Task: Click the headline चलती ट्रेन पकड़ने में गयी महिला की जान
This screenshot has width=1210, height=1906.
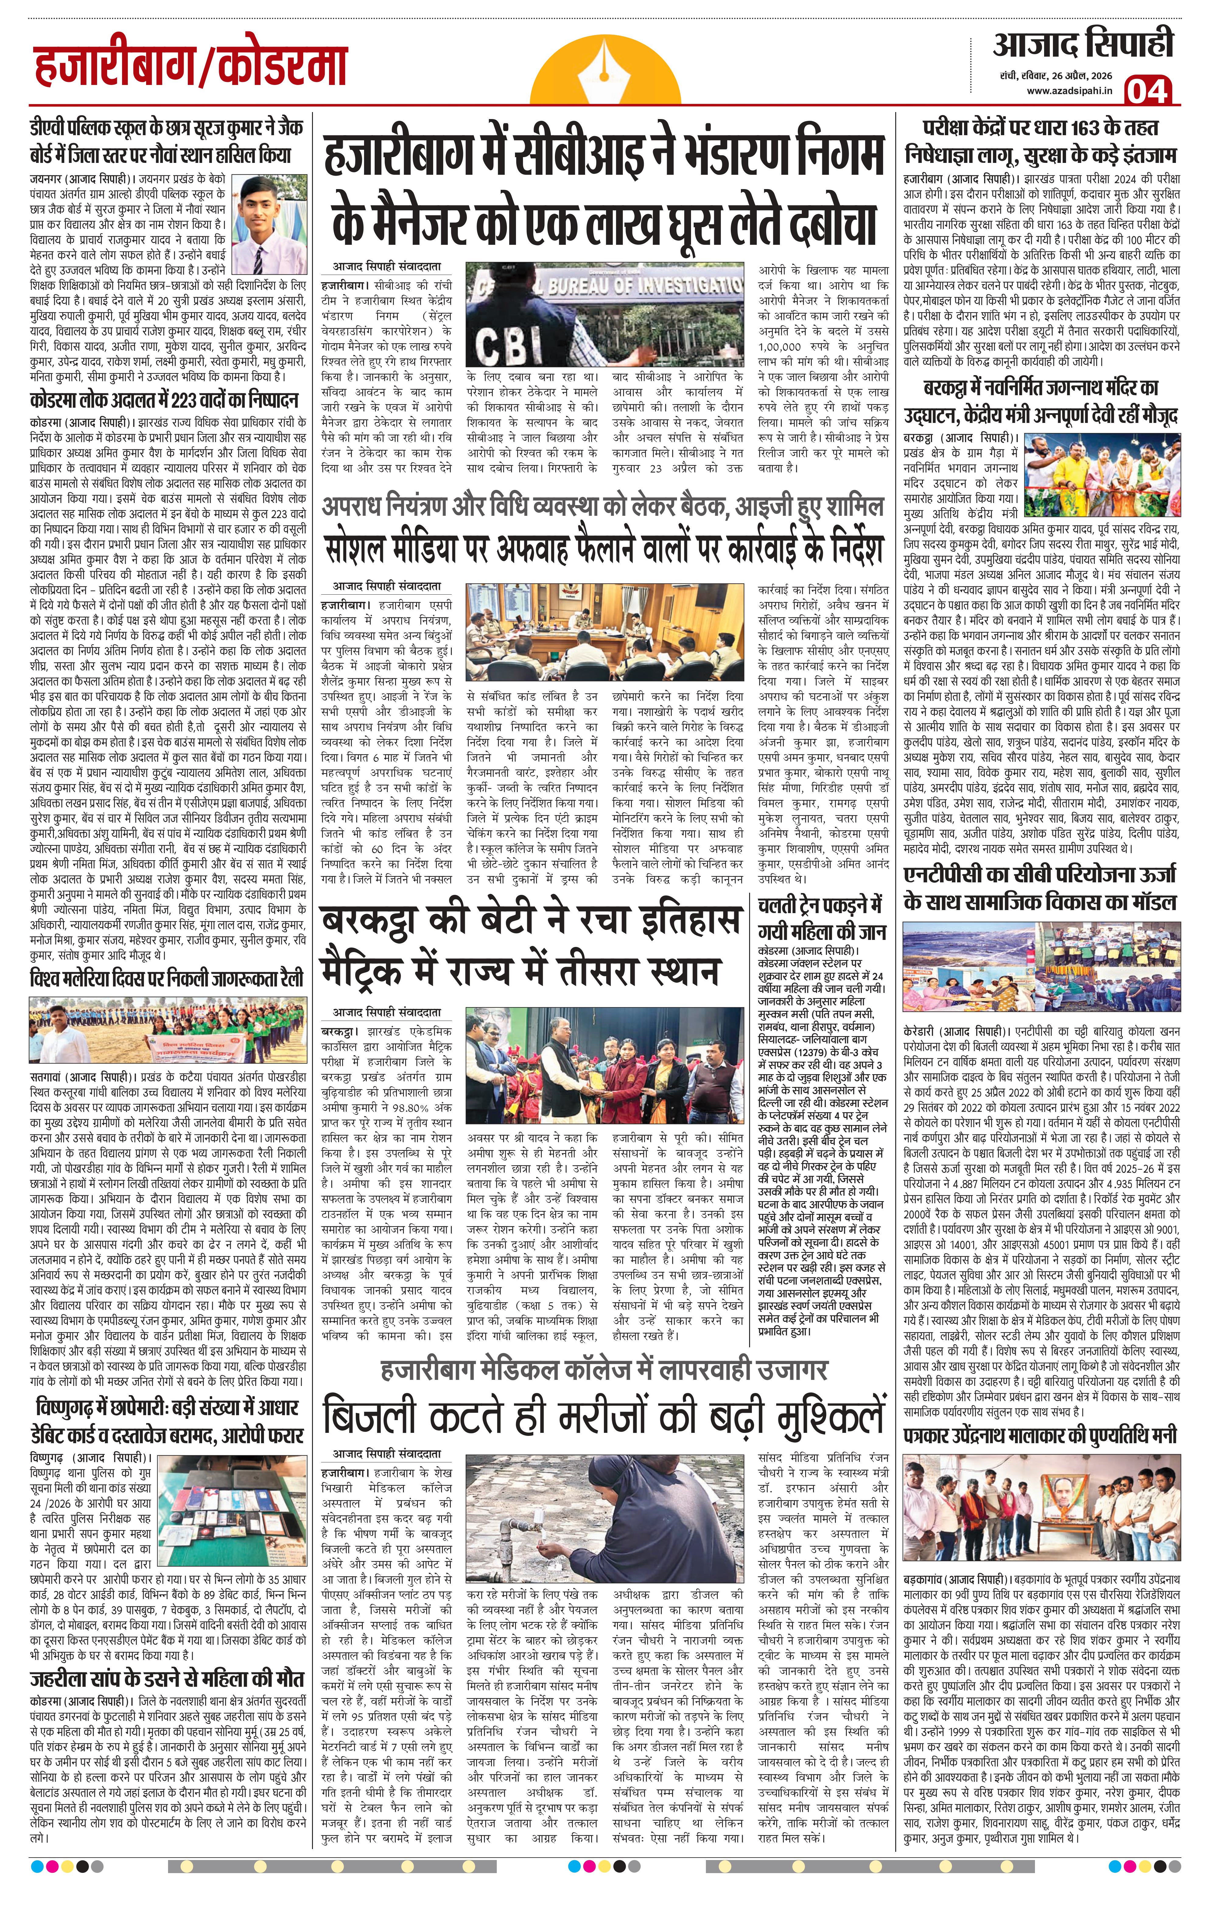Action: click(821, 918)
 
